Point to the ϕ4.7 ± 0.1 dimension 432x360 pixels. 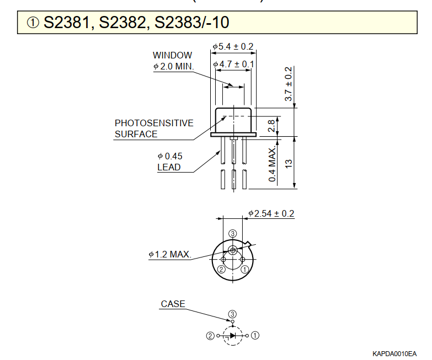[233, 65]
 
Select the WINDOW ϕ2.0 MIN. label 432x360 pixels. [173, 61]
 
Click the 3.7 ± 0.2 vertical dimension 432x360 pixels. [288, 84]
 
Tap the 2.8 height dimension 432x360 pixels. [271, 126]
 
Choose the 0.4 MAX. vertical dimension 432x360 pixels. [272, 165]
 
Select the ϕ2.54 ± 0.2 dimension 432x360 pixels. [271, 213]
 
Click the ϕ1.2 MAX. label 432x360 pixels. [170, 255]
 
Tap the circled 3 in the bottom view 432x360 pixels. [233, 234]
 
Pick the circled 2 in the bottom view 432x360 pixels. [221, 269]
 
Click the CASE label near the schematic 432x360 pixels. [173, 304]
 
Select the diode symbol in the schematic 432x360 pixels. [233, 335]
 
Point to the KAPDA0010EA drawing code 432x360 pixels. [394, 353]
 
